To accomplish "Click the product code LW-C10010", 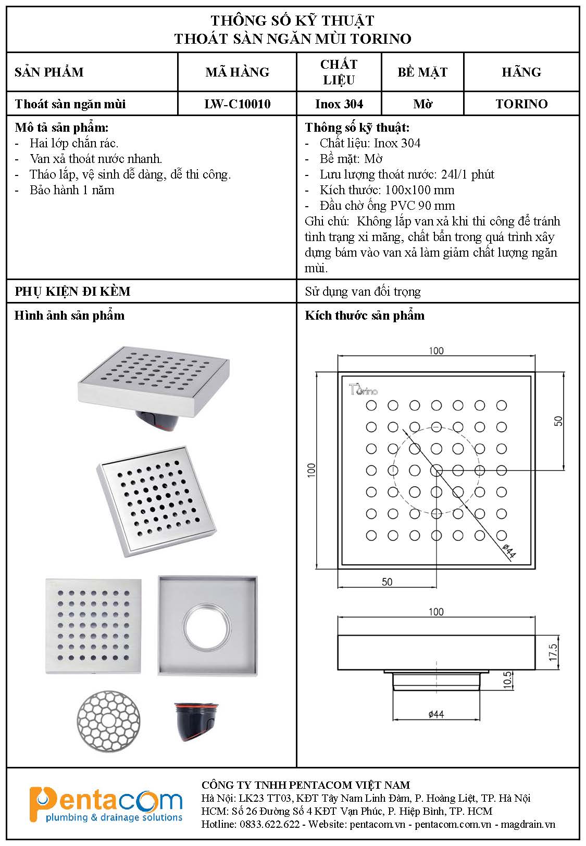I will (237, 104).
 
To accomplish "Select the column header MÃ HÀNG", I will (237, 72).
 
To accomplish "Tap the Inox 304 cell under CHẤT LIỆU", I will (339, 104).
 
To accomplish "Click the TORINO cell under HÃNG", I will (521, 104).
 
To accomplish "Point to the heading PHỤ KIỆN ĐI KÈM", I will (72, 291).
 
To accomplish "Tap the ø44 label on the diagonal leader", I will (509, 551).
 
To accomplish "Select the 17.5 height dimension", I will (553, 653).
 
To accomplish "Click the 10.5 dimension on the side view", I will (508, 680).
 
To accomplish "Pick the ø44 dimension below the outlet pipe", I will (435, 714).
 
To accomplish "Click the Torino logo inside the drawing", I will (363, 389).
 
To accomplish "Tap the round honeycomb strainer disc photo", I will (108, 722).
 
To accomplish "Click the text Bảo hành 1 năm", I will (72, 190).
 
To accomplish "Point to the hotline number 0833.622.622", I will (269, 824).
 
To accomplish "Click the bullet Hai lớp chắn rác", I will (74, 143).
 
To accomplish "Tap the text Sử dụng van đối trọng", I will (363, 292).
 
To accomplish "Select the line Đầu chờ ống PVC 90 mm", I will (387, 206).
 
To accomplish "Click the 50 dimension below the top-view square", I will (386, 582).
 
